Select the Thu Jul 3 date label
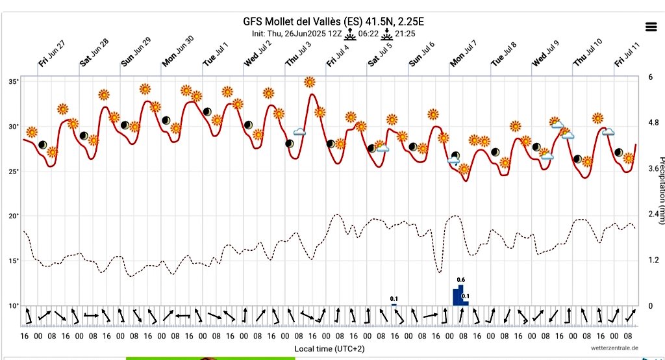(x=298, y=53)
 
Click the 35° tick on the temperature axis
(x=14, y=82)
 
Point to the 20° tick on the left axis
(x=14, y=216)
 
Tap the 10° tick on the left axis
(x=14, y=305)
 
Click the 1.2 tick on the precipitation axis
(x=653, y=260)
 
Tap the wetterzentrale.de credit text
(x=614, y=348)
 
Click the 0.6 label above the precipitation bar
(x=460, y=280)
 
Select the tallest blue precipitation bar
(x=461, y=295)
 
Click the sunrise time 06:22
(x=369, y=32)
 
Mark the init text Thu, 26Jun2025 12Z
(x=294, y=32)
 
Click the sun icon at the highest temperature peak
(x=310, y=82)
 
